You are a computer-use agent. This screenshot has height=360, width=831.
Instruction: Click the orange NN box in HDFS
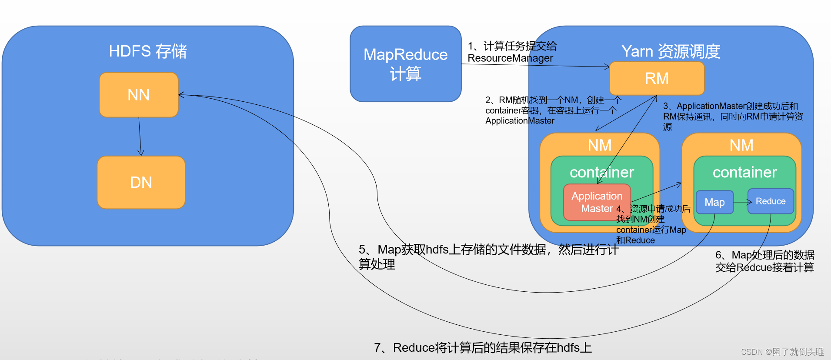(139, 95)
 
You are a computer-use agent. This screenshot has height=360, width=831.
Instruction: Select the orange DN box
(141, 182)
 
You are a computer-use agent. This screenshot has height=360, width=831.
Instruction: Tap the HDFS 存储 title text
(148, 51)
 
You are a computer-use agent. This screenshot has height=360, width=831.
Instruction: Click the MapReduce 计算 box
(405, 64)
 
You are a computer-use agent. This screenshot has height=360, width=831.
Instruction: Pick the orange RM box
(657, 78)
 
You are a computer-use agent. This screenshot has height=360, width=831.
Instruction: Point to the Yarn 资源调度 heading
(671, 51)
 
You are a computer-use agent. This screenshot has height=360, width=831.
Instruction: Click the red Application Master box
(597, 202)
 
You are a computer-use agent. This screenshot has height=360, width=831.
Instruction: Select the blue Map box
(714, 202)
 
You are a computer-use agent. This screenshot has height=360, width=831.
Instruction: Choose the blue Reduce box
(771, 201)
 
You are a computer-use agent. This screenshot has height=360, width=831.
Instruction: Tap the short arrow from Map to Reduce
(742, 202)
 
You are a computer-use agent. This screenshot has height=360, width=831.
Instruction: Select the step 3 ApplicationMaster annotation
(733, 116)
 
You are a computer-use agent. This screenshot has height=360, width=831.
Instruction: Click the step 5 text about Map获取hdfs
(487, 256)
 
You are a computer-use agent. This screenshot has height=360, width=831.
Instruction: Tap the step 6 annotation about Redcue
(764, 261)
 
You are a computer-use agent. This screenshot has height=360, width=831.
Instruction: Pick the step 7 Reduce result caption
(483, 347)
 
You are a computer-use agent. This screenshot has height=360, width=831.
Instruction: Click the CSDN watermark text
(782, 352)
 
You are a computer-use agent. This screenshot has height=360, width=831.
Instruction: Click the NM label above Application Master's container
(600, 145)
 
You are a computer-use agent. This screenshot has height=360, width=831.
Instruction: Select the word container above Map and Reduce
(744, 172)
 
